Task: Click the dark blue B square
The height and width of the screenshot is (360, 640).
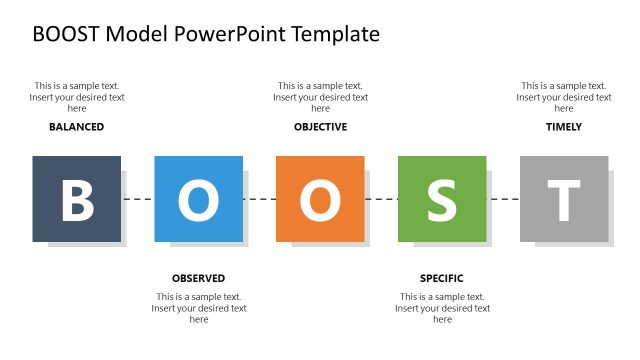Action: point(76,199)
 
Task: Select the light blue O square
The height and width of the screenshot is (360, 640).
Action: point(198,199)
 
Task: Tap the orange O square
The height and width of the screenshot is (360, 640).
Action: point(320,199)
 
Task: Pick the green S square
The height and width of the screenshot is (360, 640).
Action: point(442,199)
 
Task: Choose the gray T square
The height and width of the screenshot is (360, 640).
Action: point(564,199)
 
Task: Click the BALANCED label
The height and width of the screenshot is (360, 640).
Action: point(76,127)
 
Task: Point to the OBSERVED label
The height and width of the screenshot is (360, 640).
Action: point(198,278)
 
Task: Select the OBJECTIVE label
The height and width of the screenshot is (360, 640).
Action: point(320,127)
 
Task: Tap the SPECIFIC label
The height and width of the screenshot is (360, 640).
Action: point(442,278)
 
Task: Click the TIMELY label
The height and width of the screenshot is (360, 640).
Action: point(564,127)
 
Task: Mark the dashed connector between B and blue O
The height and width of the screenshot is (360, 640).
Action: point(138,200)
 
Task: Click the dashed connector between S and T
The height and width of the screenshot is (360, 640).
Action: point(503,200)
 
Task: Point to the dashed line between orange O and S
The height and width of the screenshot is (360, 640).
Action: point(381,200)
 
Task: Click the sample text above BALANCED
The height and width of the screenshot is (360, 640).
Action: point(76,97)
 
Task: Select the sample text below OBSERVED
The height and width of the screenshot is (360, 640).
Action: point(198,308)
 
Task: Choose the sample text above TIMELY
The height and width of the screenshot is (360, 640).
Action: point(564,97)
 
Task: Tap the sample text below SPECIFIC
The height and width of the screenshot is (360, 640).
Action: point(442,308)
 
